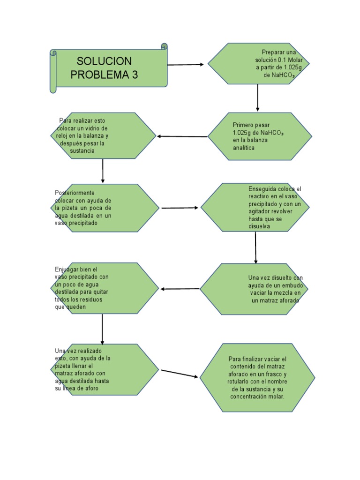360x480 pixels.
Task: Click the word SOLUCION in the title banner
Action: pos(104,61)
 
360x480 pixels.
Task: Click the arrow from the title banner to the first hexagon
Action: pos(186,65)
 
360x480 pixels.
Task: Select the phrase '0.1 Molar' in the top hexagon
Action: pos(290,60)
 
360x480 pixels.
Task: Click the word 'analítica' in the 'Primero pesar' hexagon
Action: pos(244,147)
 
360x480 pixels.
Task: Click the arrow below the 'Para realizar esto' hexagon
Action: pos(103,171)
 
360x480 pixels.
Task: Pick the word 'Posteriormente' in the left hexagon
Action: pos(75,193)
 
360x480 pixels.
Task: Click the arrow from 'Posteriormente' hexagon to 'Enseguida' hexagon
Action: pos(180,208)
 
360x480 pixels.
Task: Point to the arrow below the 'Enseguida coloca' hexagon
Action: pos(255,247)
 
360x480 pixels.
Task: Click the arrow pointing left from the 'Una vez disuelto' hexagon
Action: pos(180,289)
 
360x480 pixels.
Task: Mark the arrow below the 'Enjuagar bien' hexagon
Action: pos(102,329)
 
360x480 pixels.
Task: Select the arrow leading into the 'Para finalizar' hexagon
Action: pos(180,373)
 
